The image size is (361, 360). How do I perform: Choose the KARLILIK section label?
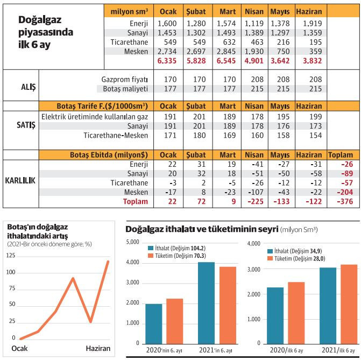coord(21,180)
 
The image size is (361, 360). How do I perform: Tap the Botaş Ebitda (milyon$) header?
coord(107,154)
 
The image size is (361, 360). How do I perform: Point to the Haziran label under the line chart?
coord(98,348)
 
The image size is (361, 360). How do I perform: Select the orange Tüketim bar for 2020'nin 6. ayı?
coord(174,321)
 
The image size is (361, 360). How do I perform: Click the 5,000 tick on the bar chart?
coord(132,242)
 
